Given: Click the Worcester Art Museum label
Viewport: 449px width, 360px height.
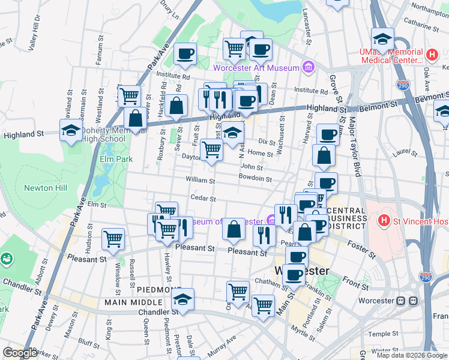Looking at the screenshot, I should (x=256, y=67).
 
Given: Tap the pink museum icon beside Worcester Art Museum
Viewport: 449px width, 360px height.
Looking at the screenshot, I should (x=309, y=67).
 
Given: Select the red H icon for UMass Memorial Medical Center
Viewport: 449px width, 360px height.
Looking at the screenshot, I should (x=431, y=56).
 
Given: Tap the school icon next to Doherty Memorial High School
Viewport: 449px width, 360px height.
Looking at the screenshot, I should (x=71, y=130).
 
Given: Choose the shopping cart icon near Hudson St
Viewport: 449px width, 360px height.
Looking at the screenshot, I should (x=113, y=239).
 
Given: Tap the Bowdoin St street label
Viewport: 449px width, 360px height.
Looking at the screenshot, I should (x=255, y=179).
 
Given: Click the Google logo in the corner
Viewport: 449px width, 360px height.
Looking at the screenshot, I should (x=20, y=353).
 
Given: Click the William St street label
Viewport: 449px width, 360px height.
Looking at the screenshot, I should (x=200, y=180).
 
